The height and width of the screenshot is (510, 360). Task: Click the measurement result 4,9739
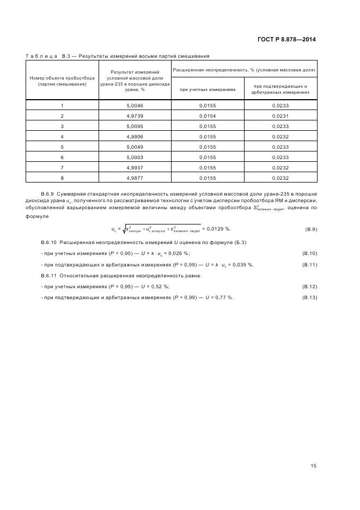pos(135,116)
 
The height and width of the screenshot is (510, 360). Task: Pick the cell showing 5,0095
pos(135,126)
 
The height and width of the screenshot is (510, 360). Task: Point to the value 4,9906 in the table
pos(135,136)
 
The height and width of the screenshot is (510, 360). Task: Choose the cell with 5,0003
pos(135,157)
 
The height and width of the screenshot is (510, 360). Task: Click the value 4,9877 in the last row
pos(135,178)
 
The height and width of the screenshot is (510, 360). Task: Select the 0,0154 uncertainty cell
pos(208,116)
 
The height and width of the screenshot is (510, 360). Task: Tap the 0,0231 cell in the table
pos(280,116)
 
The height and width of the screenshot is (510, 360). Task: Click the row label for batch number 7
pos(62,167)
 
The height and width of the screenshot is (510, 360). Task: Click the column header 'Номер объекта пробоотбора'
pos(62,81)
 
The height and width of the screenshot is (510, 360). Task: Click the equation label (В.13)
pos(309,297)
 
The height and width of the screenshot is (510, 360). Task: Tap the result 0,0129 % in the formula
pos(217,229)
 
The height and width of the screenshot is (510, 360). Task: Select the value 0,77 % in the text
pos(223,297)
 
